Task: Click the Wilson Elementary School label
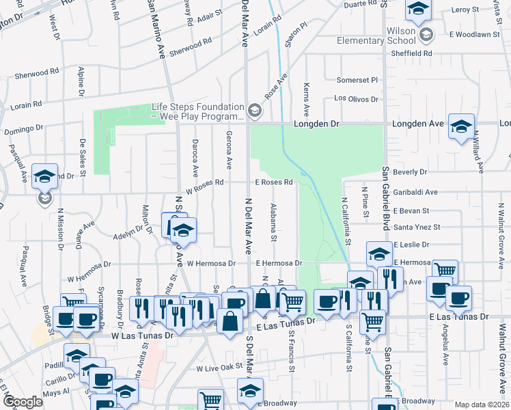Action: click(376, 36)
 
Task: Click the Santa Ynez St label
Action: click(417, 227)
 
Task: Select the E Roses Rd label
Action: click(274, 182)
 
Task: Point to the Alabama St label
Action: click(273, 222)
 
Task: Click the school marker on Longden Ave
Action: click(461, 126)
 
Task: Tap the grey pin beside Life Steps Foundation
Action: click(255, 110)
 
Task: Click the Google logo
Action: click(23, 402)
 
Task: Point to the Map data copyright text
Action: click(482, 405)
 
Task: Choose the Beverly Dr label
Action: click(410, 172)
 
